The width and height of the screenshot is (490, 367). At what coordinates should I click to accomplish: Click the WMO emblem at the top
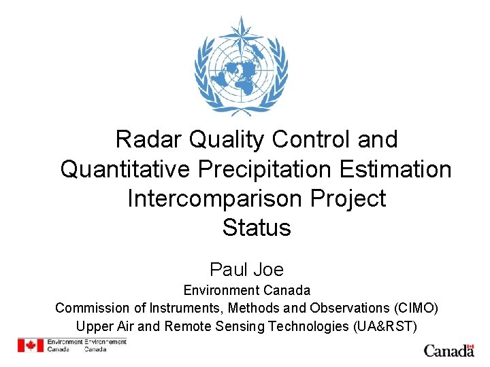241,66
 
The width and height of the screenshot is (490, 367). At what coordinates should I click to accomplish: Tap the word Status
256,228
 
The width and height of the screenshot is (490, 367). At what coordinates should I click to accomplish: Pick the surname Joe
269,269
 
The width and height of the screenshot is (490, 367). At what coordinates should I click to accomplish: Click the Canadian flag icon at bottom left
31,345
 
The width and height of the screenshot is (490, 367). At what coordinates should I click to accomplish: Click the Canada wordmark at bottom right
449,351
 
